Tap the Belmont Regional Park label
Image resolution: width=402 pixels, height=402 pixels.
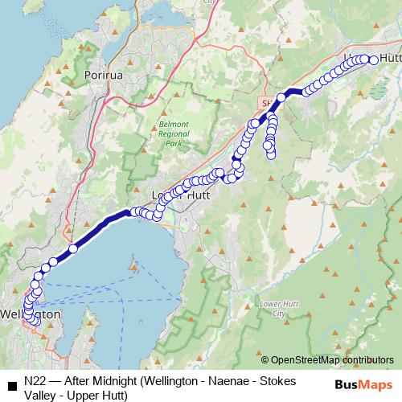(x=170, y=134)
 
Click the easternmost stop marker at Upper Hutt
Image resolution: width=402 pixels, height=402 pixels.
(x=374, y=59)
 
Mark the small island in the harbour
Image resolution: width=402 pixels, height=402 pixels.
(x=133, y=262)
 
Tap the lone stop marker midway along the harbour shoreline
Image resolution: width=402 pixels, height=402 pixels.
(x=72, y=248)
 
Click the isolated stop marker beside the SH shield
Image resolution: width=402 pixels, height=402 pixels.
(x=281, y=98)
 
